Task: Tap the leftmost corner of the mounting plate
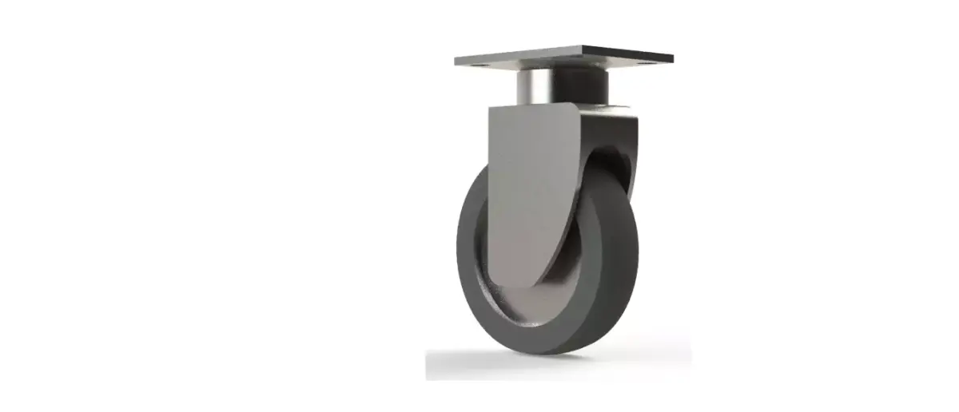[456, 61]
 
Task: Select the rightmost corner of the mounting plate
[673, 57]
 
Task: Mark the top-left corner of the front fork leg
[490, 109]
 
